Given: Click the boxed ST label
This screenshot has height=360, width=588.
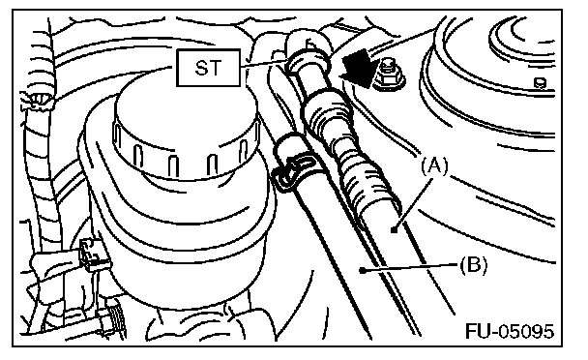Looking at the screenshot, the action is click(x=208, y=68).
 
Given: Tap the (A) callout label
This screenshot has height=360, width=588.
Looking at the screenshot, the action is click(x=434, y=166).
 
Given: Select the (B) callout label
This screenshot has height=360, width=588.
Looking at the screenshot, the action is click(x=473, y=265).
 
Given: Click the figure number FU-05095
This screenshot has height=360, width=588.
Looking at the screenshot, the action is click(x=510, y=331).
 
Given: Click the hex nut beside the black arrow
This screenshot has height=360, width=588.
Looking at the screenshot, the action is click(x=390, y=75).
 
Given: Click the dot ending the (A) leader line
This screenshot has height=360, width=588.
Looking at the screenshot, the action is click(x=394, y=229).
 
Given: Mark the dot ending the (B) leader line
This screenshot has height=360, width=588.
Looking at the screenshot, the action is click(x=363, y=270).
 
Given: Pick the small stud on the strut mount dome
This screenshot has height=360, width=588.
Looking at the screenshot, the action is click(x=540, y=83).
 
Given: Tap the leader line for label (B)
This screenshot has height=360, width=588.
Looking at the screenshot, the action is click(x=411, y=267).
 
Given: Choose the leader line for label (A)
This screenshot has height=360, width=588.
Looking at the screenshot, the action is click(x=413, y=203).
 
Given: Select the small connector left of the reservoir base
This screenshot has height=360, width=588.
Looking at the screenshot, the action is click(x=92, y=255).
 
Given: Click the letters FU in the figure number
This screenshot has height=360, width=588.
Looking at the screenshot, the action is click(x=478, y=331).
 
